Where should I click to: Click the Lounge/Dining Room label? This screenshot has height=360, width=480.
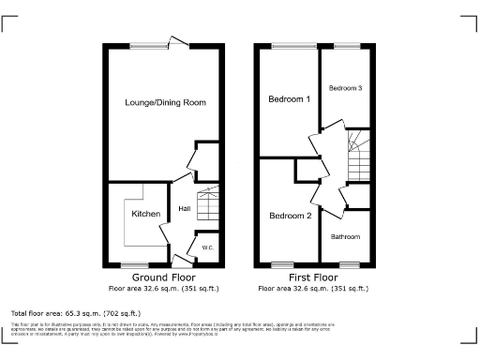tap(165, 102)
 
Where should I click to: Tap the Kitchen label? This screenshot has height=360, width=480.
tap(144, 215)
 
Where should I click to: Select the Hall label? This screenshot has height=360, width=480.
tap(184, 208)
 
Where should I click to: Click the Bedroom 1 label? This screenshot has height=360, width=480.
tap(289, 98)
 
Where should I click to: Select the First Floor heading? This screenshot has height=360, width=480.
tap(314, 278)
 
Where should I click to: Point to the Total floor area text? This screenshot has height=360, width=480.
tap(75, 312)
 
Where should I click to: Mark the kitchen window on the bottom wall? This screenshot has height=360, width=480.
tap(135, 264)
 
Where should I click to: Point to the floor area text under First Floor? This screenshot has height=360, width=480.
tap(314, 288)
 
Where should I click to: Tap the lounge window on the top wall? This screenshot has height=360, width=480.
tap(145, 44)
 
